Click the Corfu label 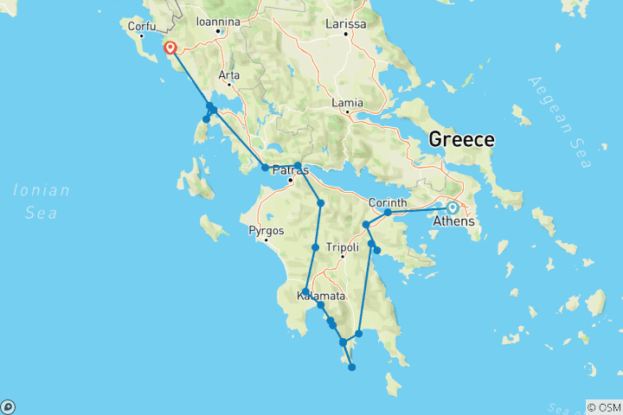click(x=141, y=26)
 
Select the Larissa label click(x=346, y=23)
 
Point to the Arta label click(x=229, y=75)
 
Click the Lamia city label click(x=347, y=102)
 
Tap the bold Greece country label click(x=462, y=139)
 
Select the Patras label click(x=291, y=170)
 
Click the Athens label click(x=459, y=221)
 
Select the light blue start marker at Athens click(x=453, y=207)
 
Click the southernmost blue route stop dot click(x=352, y=367)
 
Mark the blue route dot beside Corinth click(x=389, y=212)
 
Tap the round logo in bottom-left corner click(x=8, y=406)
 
